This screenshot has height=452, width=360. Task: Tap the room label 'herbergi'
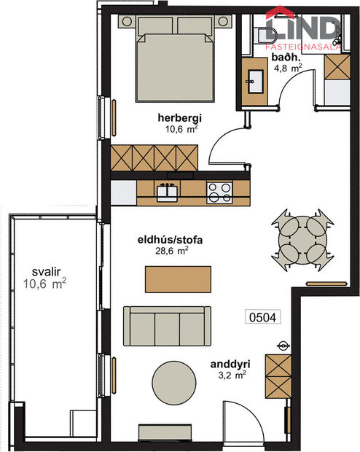click(x=179, y=118)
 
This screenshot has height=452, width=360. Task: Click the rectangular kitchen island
click(x=179, y=278)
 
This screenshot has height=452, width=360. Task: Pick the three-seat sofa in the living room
click(x=167, y=325)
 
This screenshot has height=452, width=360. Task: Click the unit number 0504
click(x=265, y=317)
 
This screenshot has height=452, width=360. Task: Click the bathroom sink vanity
click(x=254, y=81)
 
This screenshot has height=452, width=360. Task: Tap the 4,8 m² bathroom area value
click(x=286, y=69)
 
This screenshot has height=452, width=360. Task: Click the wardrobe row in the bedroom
click(x=154, y=157)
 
